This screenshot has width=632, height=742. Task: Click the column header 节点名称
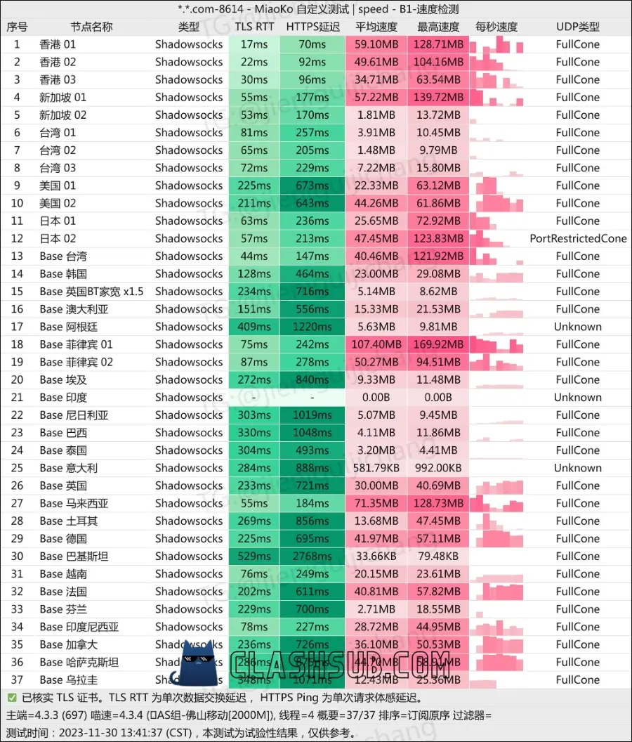[x=91, y=27]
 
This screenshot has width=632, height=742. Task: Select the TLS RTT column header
[x=254, y=27]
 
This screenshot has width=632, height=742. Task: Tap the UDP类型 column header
[x=578, y=27]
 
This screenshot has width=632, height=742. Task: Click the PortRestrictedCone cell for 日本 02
[x=578, y=239]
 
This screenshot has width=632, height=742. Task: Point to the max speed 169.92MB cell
[x=439, y=344]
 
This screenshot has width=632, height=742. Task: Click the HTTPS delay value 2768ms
[x=312, y=556]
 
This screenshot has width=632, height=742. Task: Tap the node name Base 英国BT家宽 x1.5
[x=91, y=292]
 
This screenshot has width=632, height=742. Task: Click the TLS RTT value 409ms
[x=254, y=327]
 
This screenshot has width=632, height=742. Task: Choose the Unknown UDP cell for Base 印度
[x=578, y=398]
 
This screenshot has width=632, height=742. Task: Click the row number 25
[x=17, y=468]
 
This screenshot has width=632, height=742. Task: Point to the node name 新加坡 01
[x=62, y=98]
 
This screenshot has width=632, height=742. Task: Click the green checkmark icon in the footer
[x=11, y=698]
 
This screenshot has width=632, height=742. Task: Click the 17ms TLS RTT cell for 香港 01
[x=254, y=44]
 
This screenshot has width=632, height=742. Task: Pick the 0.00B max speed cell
[x=439, y=398]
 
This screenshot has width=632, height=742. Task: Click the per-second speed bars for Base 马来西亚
[x=496, y=503]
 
